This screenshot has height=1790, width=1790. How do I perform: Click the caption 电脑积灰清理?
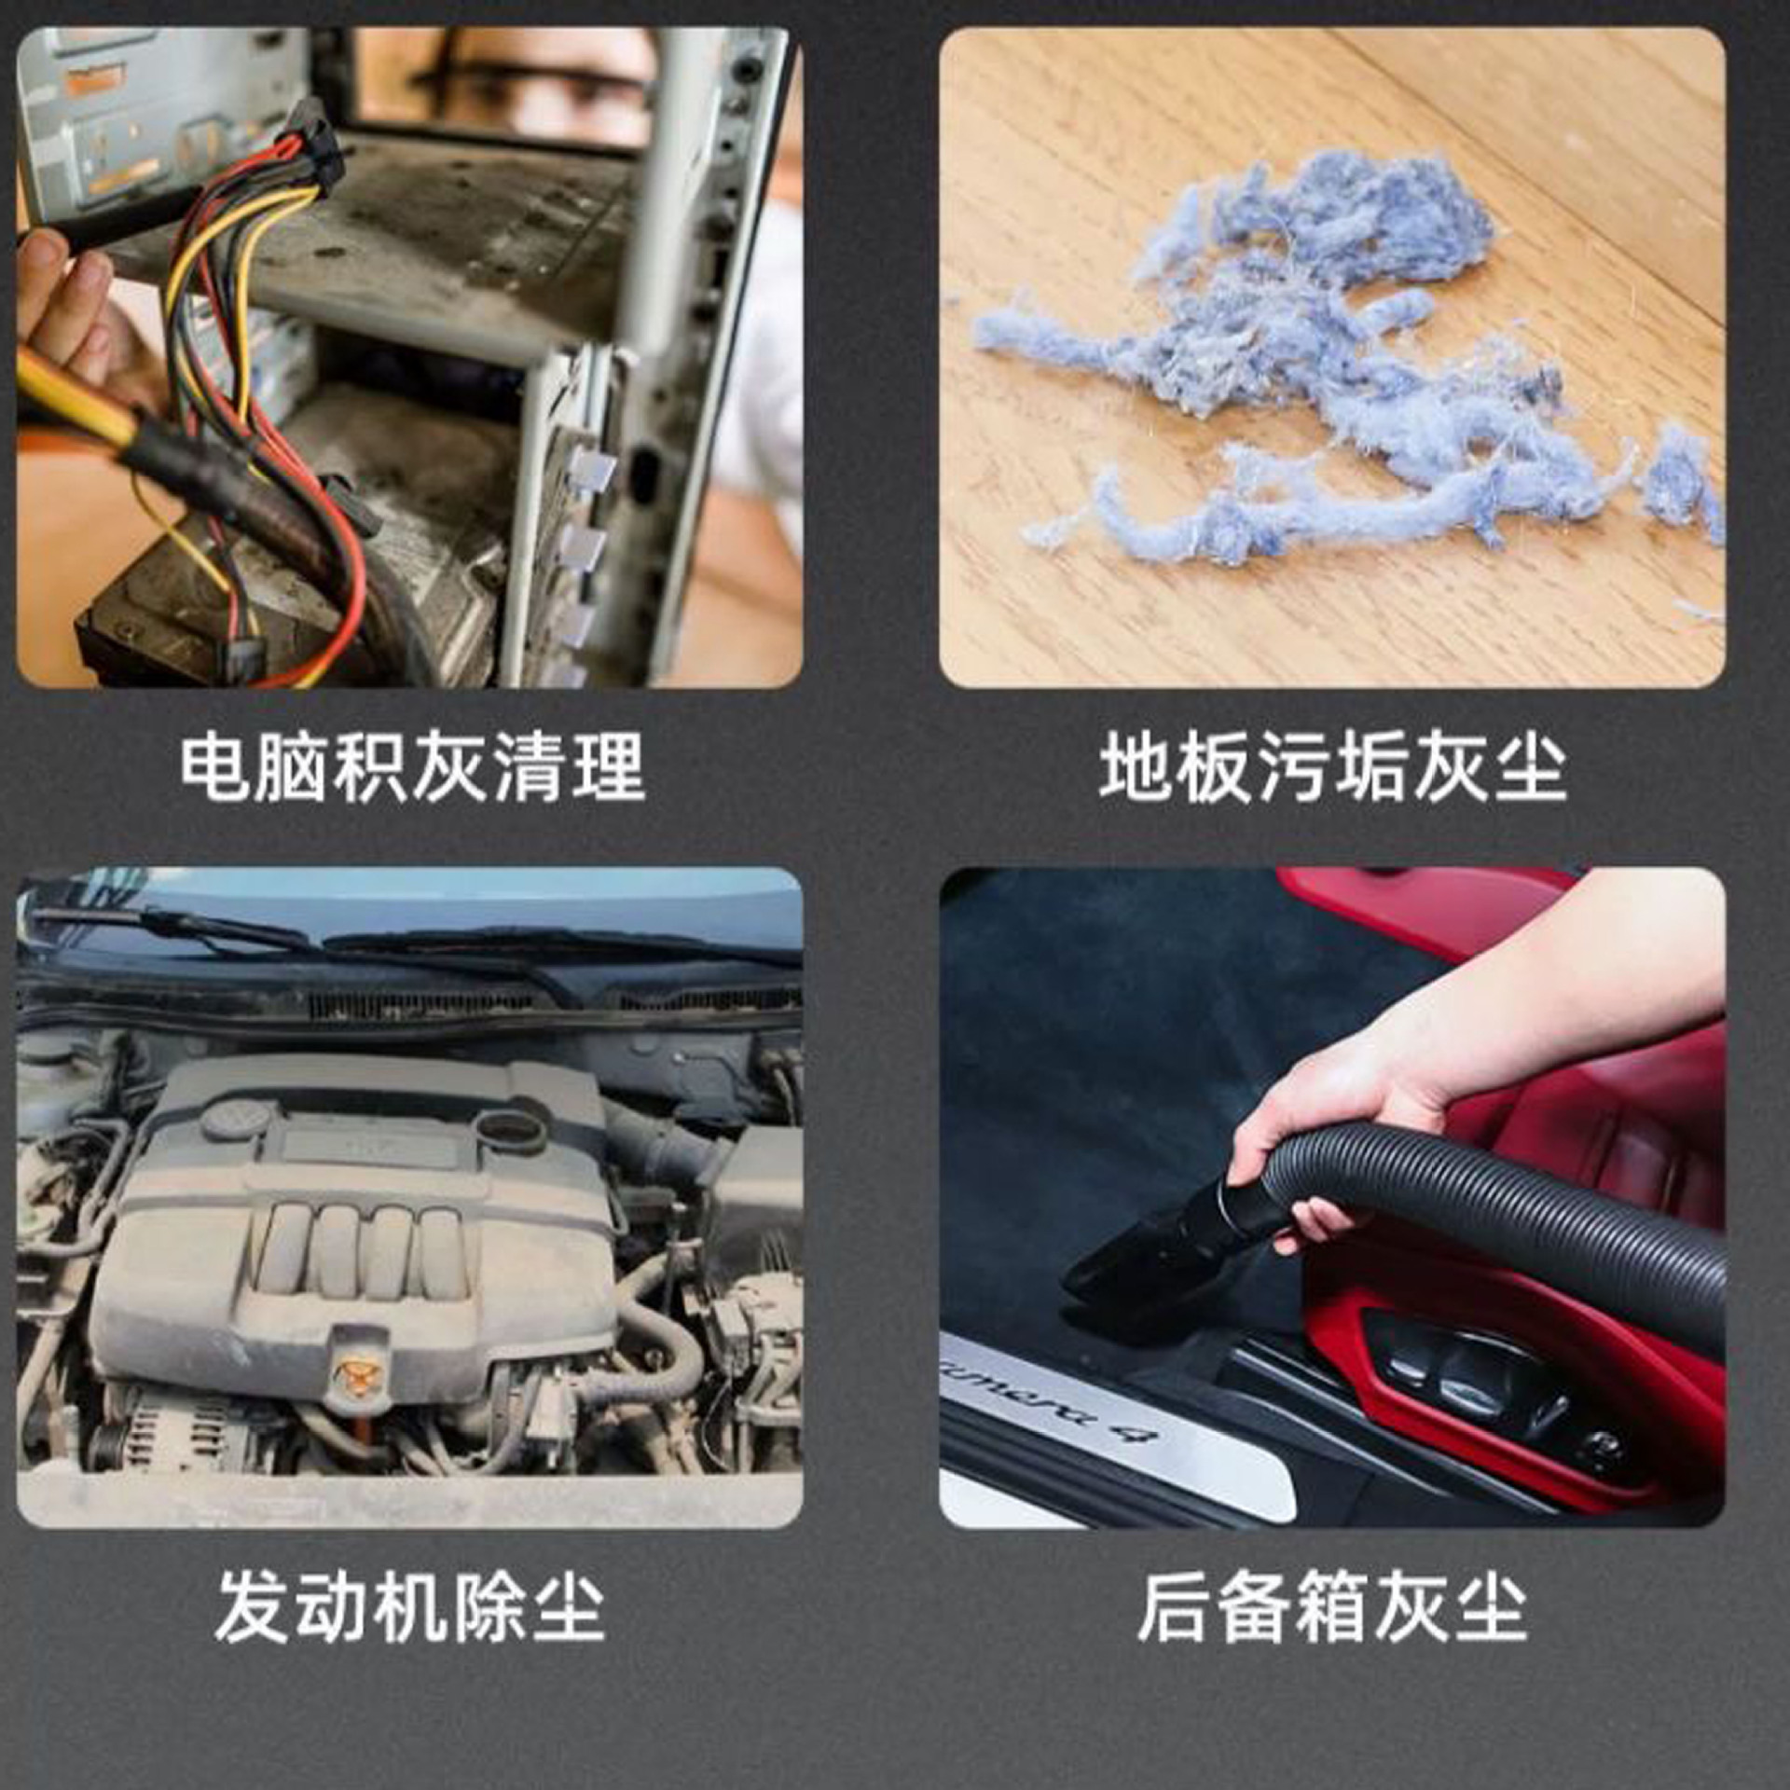(x=411, y=768)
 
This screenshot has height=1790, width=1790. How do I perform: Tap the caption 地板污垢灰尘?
(x=1333, y=768)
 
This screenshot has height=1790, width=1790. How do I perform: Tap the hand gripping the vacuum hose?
(x=1324, y=1137)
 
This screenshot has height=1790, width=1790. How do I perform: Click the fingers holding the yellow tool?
(x=70, y=298)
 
